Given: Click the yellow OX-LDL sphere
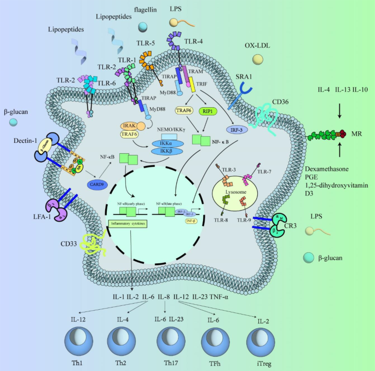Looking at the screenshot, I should point(258,58).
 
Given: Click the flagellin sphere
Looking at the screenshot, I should point(143,26).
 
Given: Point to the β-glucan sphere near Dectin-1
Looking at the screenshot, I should point(13,121).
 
